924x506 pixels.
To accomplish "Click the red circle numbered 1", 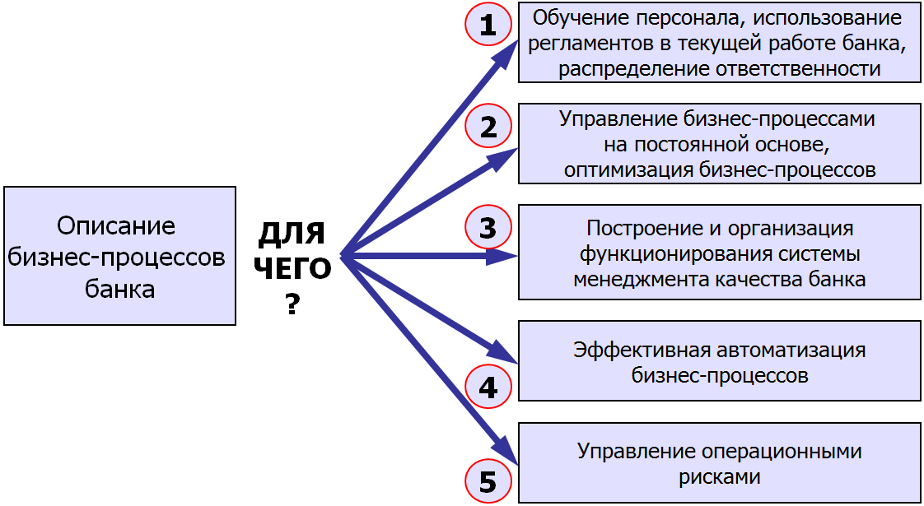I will point(488,26).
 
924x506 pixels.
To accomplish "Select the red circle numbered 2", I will point(488,127).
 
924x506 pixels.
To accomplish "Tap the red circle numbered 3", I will point(488,228).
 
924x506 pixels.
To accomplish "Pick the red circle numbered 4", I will point(488,387).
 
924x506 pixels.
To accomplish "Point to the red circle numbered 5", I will point(488,482).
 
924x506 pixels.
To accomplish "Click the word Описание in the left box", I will point(117,226).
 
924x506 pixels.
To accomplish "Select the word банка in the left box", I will point(119,290).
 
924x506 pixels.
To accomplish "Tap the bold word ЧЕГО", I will point(292,270).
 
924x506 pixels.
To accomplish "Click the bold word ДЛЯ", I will point(292,234).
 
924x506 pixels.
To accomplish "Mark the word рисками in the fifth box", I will point(719,476).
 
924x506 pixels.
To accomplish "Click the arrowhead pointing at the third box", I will point(502,256).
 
